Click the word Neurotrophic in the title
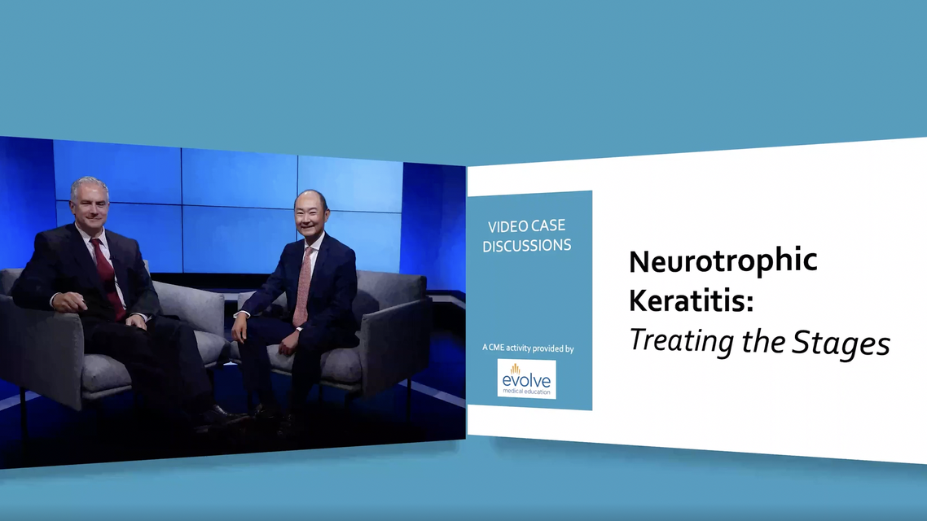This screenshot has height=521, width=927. point(723,261)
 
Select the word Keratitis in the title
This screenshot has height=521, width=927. point(688,300)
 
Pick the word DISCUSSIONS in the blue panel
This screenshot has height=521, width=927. point(526,245)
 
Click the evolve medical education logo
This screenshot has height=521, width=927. point(526,379)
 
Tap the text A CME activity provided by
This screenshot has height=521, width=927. point(527,348)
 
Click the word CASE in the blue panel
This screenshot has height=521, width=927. point(546,226)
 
